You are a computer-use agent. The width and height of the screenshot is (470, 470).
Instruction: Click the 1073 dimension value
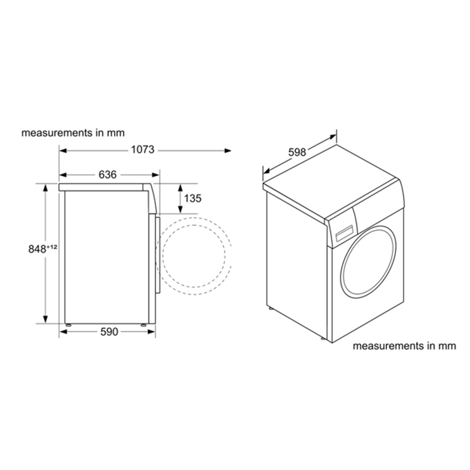[144, 150]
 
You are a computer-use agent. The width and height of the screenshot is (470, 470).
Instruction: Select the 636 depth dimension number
[108, 175]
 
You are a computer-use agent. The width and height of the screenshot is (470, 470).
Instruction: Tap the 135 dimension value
[192, 199]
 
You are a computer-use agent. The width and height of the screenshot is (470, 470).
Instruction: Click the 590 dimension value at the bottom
[109, 332]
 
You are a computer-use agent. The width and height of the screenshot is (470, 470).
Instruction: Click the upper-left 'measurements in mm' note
[73, 133]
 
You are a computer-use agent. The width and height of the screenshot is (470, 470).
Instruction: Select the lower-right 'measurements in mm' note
[403, 345]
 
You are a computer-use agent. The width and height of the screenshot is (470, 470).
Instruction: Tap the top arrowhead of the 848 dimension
[45, 186]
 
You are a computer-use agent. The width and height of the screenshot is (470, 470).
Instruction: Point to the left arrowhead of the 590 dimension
[63, 332]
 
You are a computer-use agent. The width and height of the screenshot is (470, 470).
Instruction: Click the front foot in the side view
[145, 325]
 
